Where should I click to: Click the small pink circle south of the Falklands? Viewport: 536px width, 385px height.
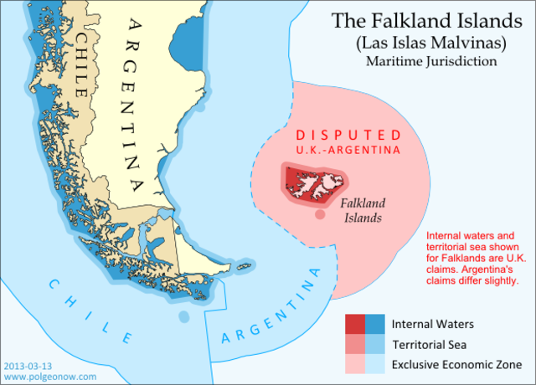(x=320, y=216)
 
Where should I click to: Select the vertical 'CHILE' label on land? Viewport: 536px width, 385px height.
(x=83, y=59)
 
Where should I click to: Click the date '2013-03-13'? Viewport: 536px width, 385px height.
(x=27, y=366)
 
